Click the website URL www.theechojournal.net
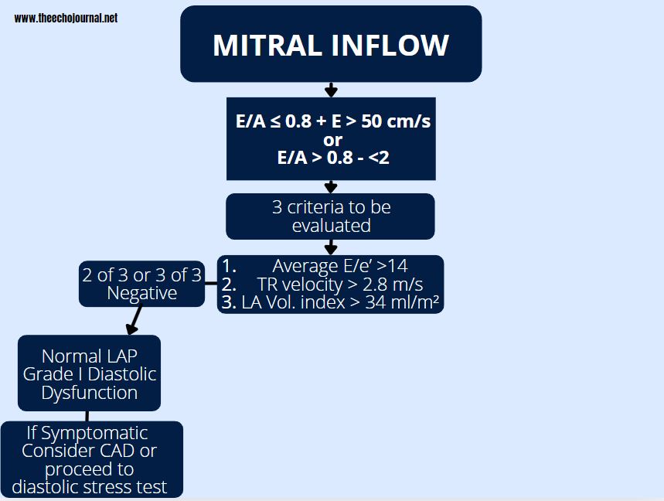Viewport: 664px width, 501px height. [x=66, y=18]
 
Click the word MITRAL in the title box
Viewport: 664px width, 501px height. [x=267, y=46]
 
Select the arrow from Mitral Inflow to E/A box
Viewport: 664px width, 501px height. [x=331, y=90]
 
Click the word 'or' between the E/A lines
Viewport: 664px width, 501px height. [x=332, y=140]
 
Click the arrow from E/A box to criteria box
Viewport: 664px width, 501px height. [x=331, y=186]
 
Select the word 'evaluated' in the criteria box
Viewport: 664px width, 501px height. [x=331, y=225]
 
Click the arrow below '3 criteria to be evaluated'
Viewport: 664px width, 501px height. [x=331, y=247]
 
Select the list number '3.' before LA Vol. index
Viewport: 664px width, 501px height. [x=228, y=302]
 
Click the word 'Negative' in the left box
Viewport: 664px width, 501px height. [x=141, y=293]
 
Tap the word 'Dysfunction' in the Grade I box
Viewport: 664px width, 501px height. [x=90, y=392]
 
